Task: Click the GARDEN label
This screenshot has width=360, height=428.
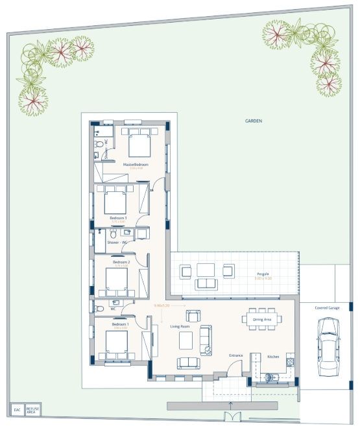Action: tap(253, 121)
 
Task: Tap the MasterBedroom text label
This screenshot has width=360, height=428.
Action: tap(136, 165)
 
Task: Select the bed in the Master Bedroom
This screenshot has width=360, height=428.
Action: tap(139, 145)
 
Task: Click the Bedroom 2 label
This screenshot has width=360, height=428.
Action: tap(119, 262)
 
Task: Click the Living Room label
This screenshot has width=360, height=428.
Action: tap(180, 327)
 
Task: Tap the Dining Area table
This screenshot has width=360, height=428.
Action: tap(263, 319)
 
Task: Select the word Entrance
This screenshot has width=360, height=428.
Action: tap(236, 356)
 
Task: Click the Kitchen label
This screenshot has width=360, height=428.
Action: tap(274, 356)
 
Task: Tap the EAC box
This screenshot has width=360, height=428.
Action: tap(18, 410)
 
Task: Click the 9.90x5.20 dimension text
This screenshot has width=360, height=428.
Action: tap(162, 305)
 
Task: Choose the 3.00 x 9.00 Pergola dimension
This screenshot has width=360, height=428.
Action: tap(263, 278)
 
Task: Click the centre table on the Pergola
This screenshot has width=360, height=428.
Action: tap(206, 269)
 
